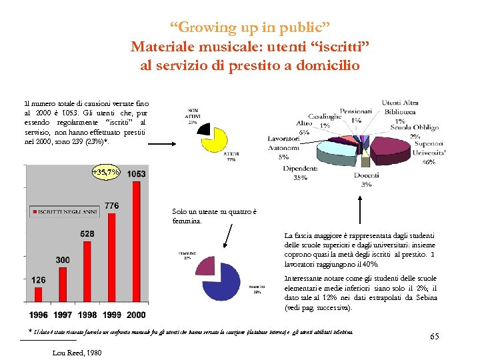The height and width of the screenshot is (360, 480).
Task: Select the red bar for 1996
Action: pos(39,297)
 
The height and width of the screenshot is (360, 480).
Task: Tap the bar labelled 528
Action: pos(87,273)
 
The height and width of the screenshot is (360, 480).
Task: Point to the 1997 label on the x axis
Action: pos(63,315)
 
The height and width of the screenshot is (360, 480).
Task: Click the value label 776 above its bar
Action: pos(111,205)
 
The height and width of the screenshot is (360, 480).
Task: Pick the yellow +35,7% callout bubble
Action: pos(106,173)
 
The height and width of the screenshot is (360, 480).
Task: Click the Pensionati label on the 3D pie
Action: pos(356,111)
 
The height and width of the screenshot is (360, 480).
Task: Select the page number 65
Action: pos(434,337)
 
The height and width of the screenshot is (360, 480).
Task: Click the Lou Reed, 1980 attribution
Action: pos(77,353)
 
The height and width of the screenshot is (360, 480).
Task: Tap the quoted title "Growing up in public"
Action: pos(249,28)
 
